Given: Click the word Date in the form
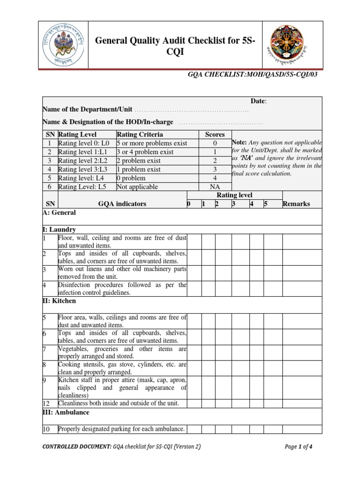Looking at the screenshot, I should coord(258,101).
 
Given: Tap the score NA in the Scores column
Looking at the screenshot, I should coord(215,187).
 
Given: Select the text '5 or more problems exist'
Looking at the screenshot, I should coord(152,143).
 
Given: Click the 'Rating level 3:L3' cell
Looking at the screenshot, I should coord(83,169).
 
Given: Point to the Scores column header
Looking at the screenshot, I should coord(215,135).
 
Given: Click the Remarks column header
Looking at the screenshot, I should coord(296,204).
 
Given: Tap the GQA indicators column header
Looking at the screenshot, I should coord(122,204).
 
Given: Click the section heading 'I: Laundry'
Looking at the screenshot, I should coord(59,230).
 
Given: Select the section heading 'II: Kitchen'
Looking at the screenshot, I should coord(59,301).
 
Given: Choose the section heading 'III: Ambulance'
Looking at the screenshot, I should coord(66,412).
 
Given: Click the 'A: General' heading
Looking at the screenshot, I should coord(59,212).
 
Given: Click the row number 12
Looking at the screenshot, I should coord(46,403).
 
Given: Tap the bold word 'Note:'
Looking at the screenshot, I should coord(240,142).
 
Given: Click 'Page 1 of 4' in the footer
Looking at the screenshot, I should coord(299,447).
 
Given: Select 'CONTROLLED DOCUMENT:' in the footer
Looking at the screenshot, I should coord(77,447).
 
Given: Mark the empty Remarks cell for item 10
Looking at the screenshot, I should coord(302,429).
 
